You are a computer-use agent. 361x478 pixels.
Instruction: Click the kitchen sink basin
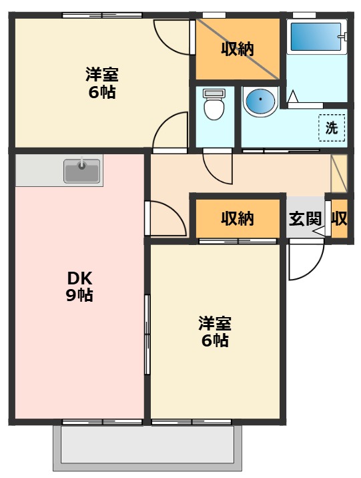81,171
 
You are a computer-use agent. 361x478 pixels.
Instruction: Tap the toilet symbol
214,104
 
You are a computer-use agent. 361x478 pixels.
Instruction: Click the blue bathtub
316,37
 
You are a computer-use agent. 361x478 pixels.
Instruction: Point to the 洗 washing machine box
332,128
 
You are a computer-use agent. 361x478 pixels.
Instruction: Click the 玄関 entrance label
305,218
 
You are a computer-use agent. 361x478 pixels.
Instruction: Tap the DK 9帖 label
79,286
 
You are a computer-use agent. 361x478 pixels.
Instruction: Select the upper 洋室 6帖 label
101,83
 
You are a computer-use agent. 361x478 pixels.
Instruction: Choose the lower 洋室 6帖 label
215,332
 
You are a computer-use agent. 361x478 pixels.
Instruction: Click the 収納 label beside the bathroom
238,49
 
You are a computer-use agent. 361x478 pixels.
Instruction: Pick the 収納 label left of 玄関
238,218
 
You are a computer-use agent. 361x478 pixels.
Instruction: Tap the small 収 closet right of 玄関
339,218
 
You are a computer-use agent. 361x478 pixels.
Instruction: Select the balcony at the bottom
147,448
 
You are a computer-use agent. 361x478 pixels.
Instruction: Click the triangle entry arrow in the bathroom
293,96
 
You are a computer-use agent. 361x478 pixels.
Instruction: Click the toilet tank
214,93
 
